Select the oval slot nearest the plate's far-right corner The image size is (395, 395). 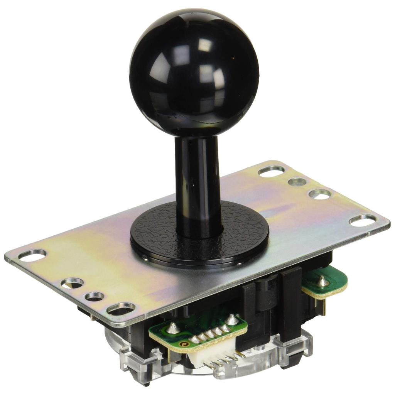[x=363, y=219]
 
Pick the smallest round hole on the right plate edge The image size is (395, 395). [x=297, y=182]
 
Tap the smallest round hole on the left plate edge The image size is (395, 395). [x=94, y=297]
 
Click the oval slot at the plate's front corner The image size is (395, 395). [x=121, y=309]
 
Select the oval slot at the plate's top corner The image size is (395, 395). [x=271, y=171]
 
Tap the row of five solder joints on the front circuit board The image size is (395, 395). [x=210, y=334]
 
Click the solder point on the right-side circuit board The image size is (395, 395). [x=322, y=282]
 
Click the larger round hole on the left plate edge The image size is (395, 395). [x=72, y=283]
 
